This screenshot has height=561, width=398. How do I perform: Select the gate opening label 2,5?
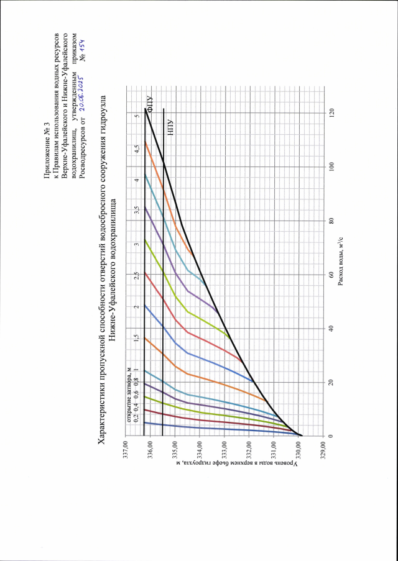pyautogui.click(x=135, y=274)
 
